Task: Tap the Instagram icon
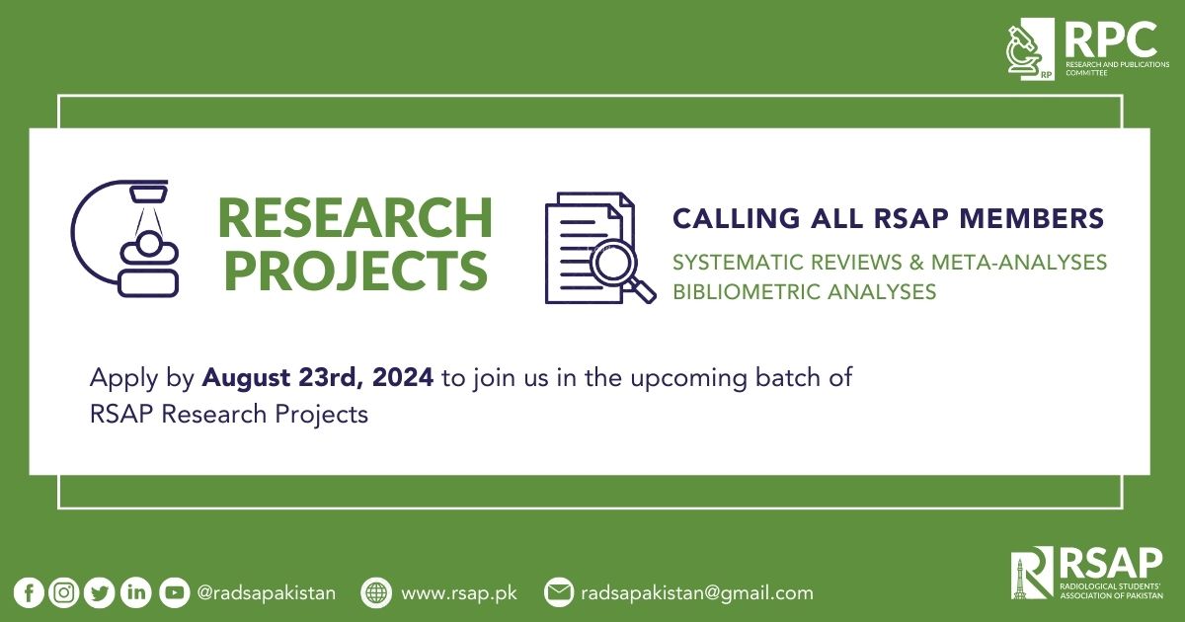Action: point(64,593)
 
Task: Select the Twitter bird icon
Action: point(100,593)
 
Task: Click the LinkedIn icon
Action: point(135,593)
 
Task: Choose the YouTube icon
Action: point(174,593)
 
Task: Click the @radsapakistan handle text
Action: point(267,593)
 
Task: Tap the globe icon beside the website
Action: point(376,593)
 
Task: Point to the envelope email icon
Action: point(558,593)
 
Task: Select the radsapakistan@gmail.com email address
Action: point(697,593)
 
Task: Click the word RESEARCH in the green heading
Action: point(355,219)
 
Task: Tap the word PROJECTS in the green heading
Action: point(355,270)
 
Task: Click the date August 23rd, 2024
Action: point(318,378)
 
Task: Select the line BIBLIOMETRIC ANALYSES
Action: point(804,292)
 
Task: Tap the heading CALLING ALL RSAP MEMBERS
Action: point(888,218)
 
